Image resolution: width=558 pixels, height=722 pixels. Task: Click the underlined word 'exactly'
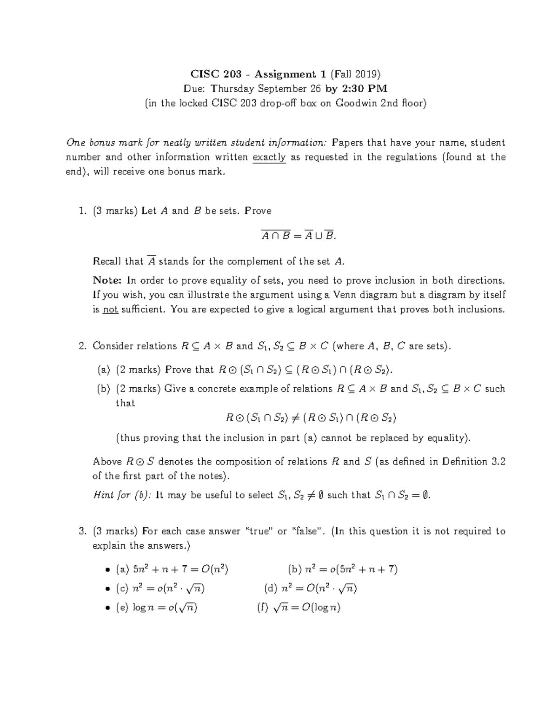point(269,158)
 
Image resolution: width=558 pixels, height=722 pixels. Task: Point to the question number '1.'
point(83,211)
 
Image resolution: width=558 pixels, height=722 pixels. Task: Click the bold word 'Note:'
point(107,280)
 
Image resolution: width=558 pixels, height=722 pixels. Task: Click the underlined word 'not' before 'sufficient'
point(110,310)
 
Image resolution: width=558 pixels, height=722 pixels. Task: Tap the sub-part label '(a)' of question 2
point(104,370)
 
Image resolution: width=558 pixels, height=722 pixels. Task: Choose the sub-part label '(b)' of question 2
point(104,389)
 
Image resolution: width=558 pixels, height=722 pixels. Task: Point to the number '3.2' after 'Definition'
point(498,462)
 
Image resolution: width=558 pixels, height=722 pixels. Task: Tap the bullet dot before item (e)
point(107,608)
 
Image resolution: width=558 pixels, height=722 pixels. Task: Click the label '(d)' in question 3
point(271,589)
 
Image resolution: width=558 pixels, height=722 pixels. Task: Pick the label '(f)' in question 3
point(262,608)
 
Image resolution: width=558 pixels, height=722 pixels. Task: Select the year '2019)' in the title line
point(368,74)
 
